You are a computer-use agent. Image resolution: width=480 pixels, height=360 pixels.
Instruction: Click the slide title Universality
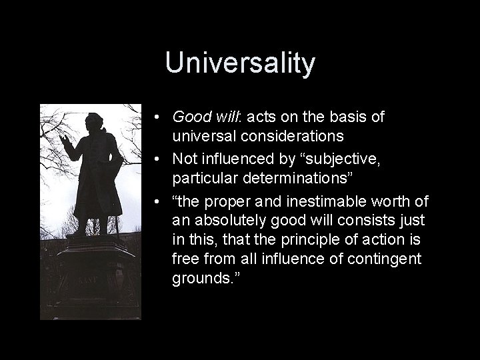tap(240, 63)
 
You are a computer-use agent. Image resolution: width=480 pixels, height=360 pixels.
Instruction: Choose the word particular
tap(201, 179)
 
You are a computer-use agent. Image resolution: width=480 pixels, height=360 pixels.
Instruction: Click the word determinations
tap(290, 179)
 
